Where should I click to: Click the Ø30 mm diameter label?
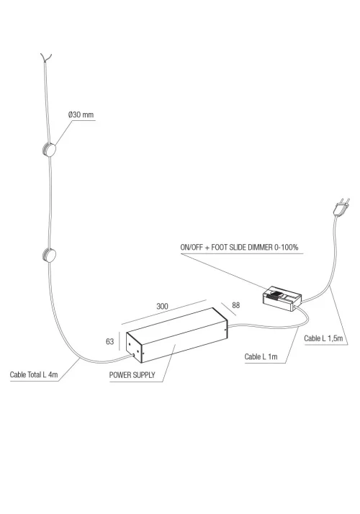coord(81,114)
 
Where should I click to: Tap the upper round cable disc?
coord(49,150)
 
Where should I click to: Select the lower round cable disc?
coord(49,255)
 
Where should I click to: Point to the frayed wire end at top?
coord(46,58)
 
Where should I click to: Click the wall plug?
coord(341,207)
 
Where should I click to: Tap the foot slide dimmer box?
coord(282,298)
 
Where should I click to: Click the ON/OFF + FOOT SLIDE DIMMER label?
coord(239,247)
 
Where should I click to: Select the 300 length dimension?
coord(162,306)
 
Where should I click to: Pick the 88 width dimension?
coord(235,305)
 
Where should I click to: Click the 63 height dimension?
coord(110,341)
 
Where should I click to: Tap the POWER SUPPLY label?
coord(132,375)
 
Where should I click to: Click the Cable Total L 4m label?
coord(34,374)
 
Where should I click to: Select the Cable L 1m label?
coord(261,356)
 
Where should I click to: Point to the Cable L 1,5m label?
coord(323,338)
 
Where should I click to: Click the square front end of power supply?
coord(135,347)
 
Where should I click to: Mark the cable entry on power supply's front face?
coord(133,355)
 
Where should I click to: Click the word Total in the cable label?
coord(35,374)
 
